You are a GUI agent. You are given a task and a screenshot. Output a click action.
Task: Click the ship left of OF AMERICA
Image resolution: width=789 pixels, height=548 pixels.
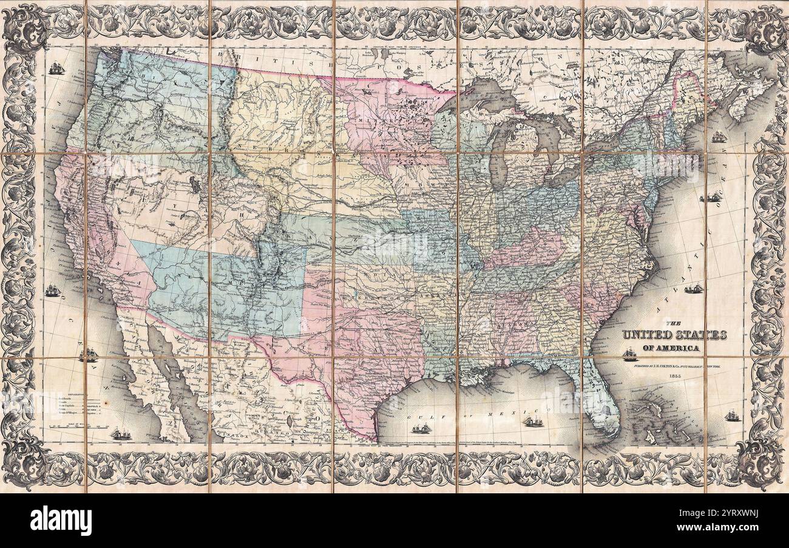coord(629,354)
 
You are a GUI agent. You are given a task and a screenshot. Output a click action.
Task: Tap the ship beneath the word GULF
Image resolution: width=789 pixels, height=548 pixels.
coord(421,428)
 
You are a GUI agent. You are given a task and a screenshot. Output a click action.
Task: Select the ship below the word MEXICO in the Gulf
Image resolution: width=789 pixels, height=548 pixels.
coord(532,421)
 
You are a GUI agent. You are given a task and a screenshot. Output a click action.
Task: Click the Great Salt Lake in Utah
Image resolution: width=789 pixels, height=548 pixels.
coord(194,182)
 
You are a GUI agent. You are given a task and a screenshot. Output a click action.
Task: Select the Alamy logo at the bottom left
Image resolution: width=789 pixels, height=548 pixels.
coord(61,521)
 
